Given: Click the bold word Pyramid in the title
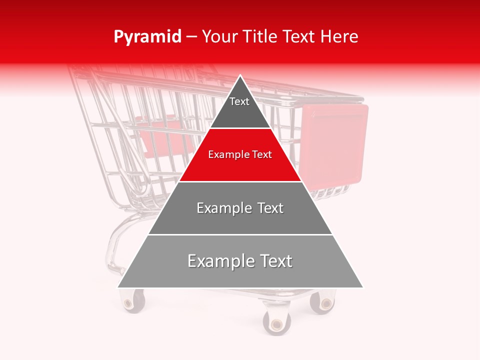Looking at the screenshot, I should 147,37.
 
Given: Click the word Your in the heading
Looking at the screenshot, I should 220,37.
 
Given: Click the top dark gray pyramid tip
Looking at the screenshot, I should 240,107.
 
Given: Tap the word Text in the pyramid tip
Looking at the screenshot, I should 239,101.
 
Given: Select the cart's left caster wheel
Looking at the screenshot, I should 132,301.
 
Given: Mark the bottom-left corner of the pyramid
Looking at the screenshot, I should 118,287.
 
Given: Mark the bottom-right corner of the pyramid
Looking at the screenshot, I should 363,287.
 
